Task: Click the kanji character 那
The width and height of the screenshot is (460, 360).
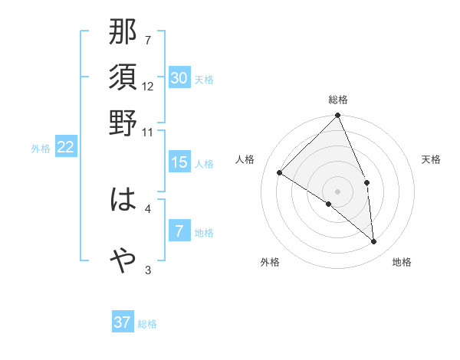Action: coord(123,34)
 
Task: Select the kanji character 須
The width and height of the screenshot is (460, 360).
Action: coord(123,78)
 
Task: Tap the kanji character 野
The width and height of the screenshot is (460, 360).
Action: coord(123,123)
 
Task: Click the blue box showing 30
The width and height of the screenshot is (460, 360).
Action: coord(179,78)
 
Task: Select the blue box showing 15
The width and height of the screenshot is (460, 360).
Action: coord(179,162)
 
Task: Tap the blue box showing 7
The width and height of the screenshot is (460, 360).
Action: coord(179,231)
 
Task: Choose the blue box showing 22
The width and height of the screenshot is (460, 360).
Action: coord(66,148)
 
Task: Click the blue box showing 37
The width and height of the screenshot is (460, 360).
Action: coord(123,322)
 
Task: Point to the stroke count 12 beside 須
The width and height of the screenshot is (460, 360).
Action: coord(149,86)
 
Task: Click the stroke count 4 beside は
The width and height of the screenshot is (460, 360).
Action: coord(148,208)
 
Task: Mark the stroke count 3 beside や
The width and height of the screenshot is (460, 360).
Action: coord(148,269)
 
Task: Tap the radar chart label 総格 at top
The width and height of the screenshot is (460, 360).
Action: coord(338,100)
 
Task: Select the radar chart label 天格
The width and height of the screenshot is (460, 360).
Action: coord(432,159)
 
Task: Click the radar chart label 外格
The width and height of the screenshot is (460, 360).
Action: coord(269,263)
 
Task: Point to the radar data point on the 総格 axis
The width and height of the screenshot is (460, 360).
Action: coord(338,116)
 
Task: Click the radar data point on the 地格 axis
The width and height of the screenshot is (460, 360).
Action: coord(374,242)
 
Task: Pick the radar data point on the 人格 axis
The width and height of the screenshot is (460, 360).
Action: coord(280,172)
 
